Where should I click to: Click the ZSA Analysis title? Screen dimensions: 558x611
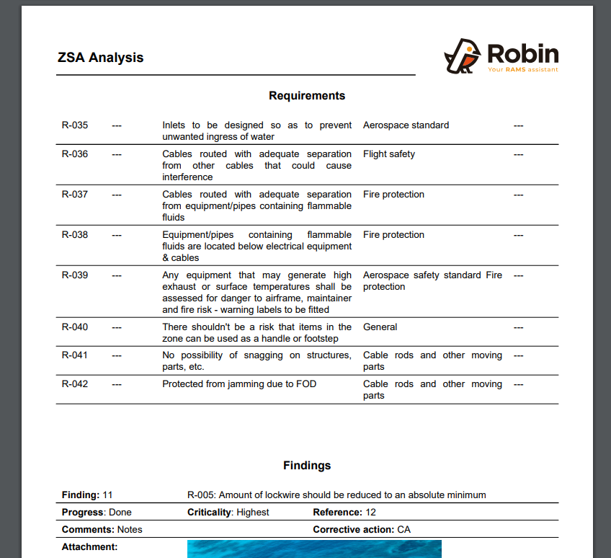pos(100,58)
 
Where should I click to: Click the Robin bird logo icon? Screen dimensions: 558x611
pos(462,56)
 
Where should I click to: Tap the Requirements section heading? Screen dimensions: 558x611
pos(307,96)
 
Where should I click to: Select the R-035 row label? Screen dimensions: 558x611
pos(75,125)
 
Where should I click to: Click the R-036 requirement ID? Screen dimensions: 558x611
pos(75,154)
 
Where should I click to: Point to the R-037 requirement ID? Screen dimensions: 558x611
pos(75,195)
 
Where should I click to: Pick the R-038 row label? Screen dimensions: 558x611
pos(75,235)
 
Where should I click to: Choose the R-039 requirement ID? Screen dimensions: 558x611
pos(75,275)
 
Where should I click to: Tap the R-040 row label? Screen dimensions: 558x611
pos(75,327)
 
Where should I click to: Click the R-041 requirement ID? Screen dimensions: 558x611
pos(75,355)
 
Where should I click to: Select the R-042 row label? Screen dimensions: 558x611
pos(75,384)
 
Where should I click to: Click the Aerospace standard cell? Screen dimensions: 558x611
pos(406,125)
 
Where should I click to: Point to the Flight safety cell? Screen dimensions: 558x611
pos(389,154)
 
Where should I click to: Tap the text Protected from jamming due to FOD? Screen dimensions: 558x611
pos(239,384)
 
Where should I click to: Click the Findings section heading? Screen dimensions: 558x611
pos(307,466)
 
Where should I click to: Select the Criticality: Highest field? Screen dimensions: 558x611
pos(228,513)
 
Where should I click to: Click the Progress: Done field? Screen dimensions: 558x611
pos(97,513)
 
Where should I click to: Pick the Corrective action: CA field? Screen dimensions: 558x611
pos(362,530)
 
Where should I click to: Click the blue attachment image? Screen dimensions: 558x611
pos(314,549)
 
